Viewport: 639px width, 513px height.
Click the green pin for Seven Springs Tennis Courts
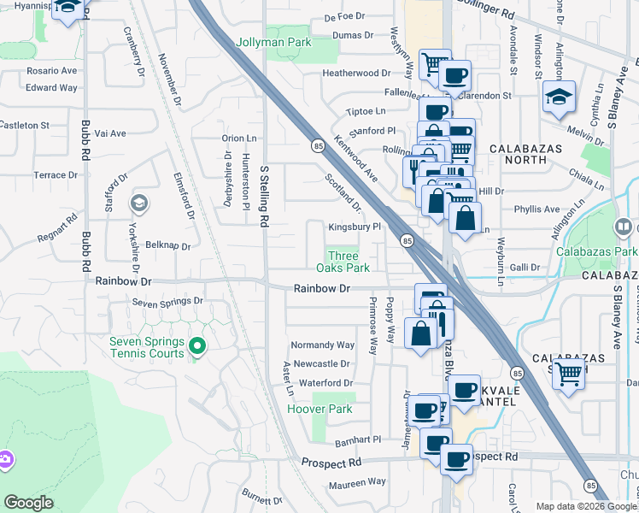point(197,346)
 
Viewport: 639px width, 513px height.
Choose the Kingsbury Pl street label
point(355,227)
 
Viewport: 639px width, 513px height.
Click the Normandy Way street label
point(323,345)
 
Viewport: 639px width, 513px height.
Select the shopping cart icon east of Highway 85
point(568,374)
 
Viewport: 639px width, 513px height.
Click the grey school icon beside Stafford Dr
point(138,203)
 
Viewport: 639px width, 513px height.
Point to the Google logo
point(28,503)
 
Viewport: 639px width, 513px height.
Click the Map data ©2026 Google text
point(585,506)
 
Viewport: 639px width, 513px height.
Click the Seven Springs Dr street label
point(168,302)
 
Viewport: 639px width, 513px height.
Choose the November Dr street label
point(171,81)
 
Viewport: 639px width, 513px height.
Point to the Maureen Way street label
point(356,483)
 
